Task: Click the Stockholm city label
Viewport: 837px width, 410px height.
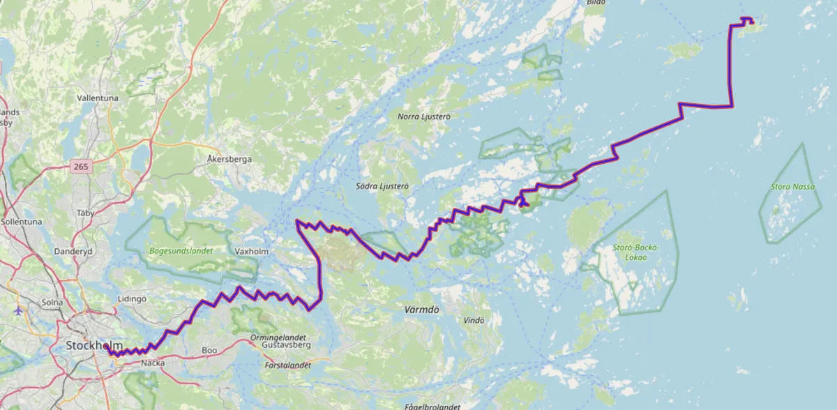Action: (x=93, y=346)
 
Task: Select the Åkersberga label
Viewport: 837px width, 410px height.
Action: (x=229, y=159)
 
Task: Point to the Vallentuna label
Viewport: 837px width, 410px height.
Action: (x=98, y=99)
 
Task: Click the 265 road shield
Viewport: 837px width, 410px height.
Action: (x=80, y=167)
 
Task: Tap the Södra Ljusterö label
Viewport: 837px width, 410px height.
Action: (x=382, y=186)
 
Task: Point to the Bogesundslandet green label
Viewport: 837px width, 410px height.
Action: (x=180, y=250)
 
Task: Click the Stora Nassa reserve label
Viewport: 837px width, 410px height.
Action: (x=792, y=187)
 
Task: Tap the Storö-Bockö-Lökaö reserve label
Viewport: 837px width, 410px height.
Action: (x=635, y=252)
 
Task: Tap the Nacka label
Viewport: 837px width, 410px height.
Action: (x=153, y=363)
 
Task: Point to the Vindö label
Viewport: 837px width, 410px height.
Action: (x=473, y=320)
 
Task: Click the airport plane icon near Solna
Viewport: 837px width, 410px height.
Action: (x=17, y=310)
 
